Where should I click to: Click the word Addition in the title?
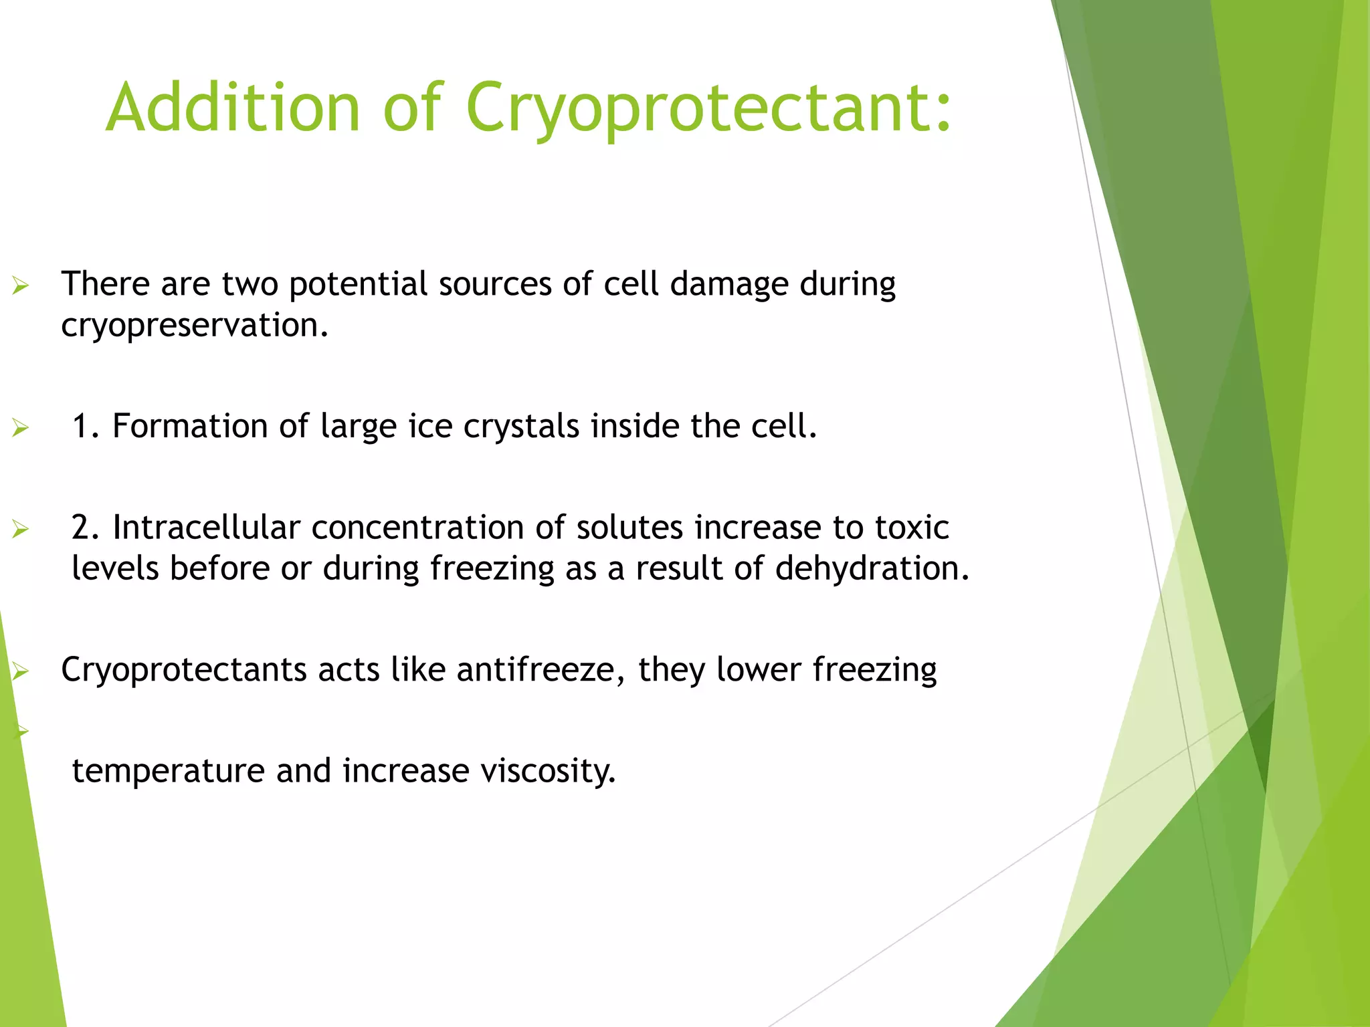click(233, 108)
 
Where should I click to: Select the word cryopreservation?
click(195, 326)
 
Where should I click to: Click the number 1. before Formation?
click(86, 426)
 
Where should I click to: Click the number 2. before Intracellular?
click(86, 528)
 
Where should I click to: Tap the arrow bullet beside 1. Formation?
click(21, 429)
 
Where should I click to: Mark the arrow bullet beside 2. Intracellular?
click(21, 530)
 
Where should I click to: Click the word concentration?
click(417, 528)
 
